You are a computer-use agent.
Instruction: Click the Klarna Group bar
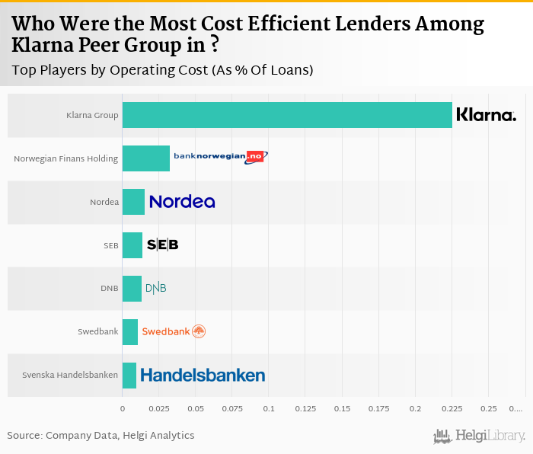pyautogui.click(x=287, y=115)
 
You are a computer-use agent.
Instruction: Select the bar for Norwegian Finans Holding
pyautogui.click(x=146, y=158)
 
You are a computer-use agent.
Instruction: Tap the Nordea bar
pyautogui.click(x=133, y=202)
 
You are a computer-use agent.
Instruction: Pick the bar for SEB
pyautogui.click(x=132, y=245)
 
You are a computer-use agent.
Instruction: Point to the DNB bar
pyautogui.click(x=132, y=289)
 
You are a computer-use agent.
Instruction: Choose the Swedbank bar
pyautogui.click(x=130, y=332)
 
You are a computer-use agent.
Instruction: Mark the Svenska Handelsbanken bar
pyautogui.click(x=129, y=375)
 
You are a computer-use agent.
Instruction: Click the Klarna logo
pyautogui.click(x=486, y=115)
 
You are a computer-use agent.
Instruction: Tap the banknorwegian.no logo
pyautogui.click(x=221, y=156)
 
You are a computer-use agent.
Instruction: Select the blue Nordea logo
pyautogui.click(x=182, y=202)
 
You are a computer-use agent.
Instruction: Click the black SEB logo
pyautogui.click(x=162, y=245)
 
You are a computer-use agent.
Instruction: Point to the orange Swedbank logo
pyautogui.click(x=174, y=331)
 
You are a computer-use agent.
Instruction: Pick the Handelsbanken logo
pyautogui.click(x=203, y=375)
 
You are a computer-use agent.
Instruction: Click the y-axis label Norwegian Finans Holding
pyautogui.click(x=66, y=158)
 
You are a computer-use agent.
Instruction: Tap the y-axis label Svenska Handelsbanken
pyautogui.click(x=70, y=375)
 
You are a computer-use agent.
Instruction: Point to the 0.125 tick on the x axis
pyautogui.click(x=305, y=409)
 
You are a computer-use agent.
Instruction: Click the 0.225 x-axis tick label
pyautogui.click(x=452, y=409)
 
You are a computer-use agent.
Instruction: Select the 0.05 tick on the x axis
pyautogui.click(x=196, y=409)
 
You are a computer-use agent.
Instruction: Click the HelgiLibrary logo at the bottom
pyautogui.click(x=480, y=436)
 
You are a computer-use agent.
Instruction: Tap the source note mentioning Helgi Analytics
pyautogui.click(x=101, y=436)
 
